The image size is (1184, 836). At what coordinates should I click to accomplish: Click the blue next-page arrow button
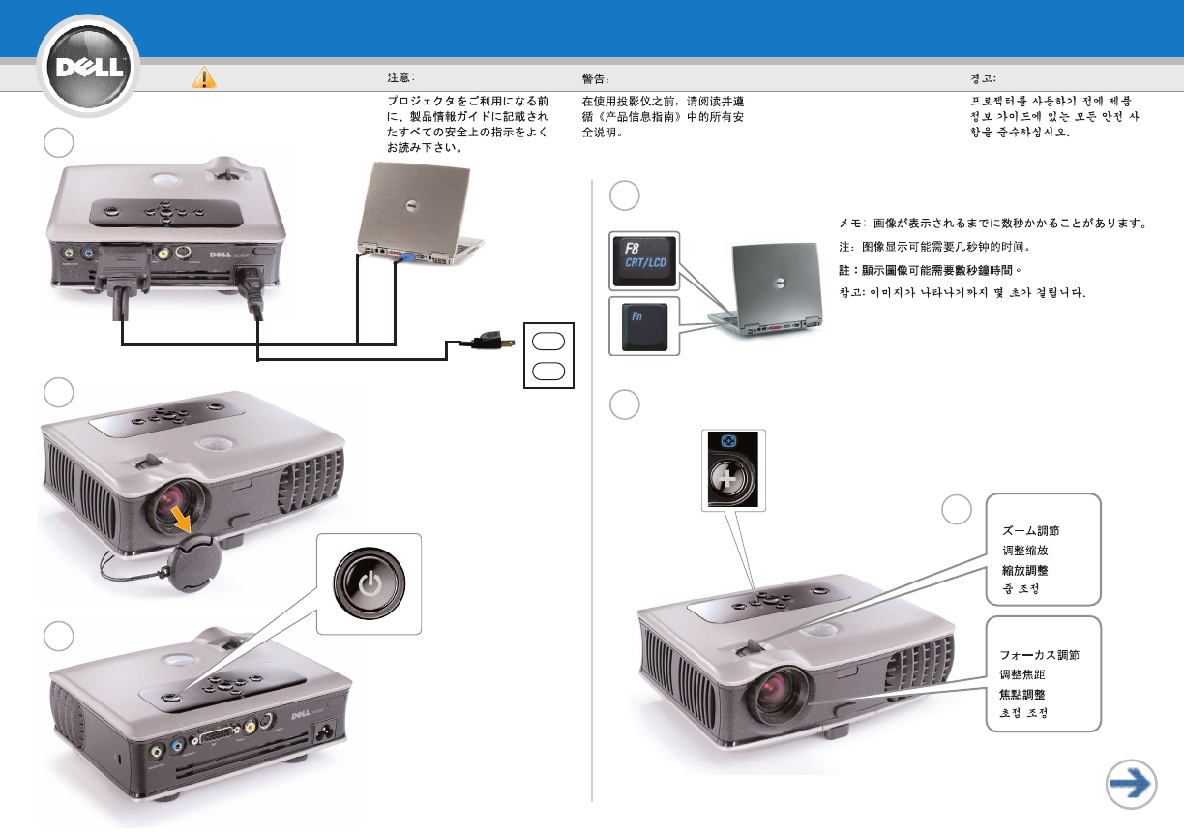(x=1131, y=783)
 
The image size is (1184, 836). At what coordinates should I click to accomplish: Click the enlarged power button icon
(x=370, y=583)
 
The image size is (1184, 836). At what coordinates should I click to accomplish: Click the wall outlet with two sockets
(x=548, y=354)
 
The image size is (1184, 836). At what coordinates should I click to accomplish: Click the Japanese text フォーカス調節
(x=1039, y=654)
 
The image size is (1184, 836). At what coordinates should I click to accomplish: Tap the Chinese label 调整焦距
(x=1022, y=674)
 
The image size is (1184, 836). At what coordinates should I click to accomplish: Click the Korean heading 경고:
(x=984, y=77)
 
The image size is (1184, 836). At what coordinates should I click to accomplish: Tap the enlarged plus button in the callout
(x=732, y=479)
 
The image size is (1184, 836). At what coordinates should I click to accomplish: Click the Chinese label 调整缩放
(x=1022, y=551)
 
